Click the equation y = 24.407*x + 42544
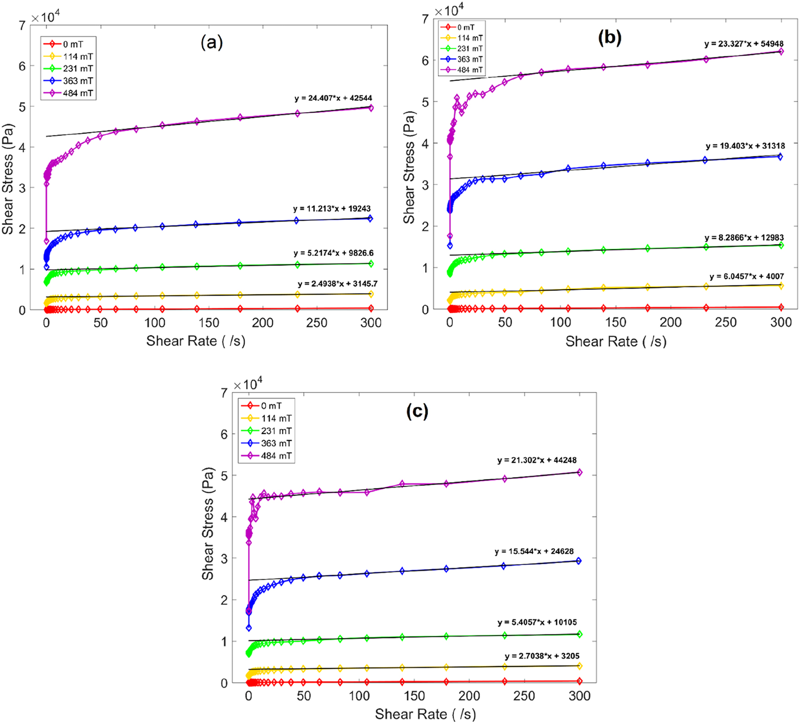[333, 98]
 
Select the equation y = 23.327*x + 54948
[744, 44]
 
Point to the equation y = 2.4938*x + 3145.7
[337, 284]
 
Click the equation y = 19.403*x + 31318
[745, 146]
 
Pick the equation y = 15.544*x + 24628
[534, 551]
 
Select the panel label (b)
[610, 37]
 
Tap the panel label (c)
[417, 411]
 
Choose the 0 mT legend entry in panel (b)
[461, 27]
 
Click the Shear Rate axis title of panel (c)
[425, 714]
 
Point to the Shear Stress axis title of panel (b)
[409, 168]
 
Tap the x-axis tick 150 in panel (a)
[209, 323]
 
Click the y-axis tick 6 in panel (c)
[224, 434]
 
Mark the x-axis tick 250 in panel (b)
[726, 322]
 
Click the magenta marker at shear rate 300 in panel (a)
[371, 108]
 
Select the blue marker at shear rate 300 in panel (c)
[579, 561]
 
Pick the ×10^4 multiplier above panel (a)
[45, 17]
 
